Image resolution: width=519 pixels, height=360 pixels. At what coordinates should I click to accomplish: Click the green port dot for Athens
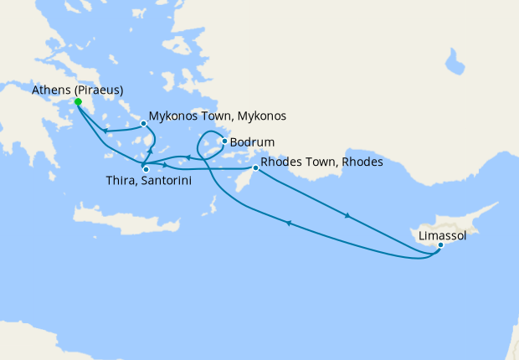tap(78, 102)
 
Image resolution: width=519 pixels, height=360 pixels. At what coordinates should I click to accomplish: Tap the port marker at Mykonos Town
tap(144, 123)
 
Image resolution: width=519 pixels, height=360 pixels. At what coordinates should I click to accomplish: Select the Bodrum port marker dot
tap(224, 141)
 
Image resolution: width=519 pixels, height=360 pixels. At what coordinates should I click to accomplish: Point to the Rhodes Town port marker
tap(255, 168)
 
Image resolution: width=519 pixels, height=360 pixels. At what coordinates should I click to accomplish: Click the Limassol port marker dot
tap(440, 245)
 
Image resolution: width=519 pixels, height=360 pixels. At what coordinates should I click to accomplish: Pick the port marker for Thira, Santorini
tap(145, 170)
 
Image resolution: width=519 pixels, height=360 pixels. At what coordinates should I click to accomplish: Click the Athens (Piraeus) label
tap(77, 90)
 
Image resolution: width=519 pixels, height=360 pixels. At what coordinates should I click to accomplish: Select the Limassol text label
tap(443, 236)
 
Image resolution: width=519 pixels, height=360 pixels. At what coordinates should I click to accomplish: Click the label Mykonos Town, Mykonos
tap(218, 116)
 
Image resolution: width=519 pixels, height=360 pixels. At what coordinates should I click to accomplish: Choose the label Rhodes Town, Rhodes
tap(321, 162)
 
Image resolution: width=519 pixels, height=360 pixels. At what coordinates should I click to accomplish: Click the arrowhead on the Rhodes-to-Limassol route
tap(347, 217)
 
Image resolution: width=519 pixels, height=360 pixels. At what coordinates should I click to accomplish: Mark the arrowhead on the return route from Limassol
tap(289, 223)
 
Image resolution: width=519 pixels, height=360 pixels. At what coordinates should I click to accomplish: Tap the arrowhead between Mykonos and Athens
tap(105, 131)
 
